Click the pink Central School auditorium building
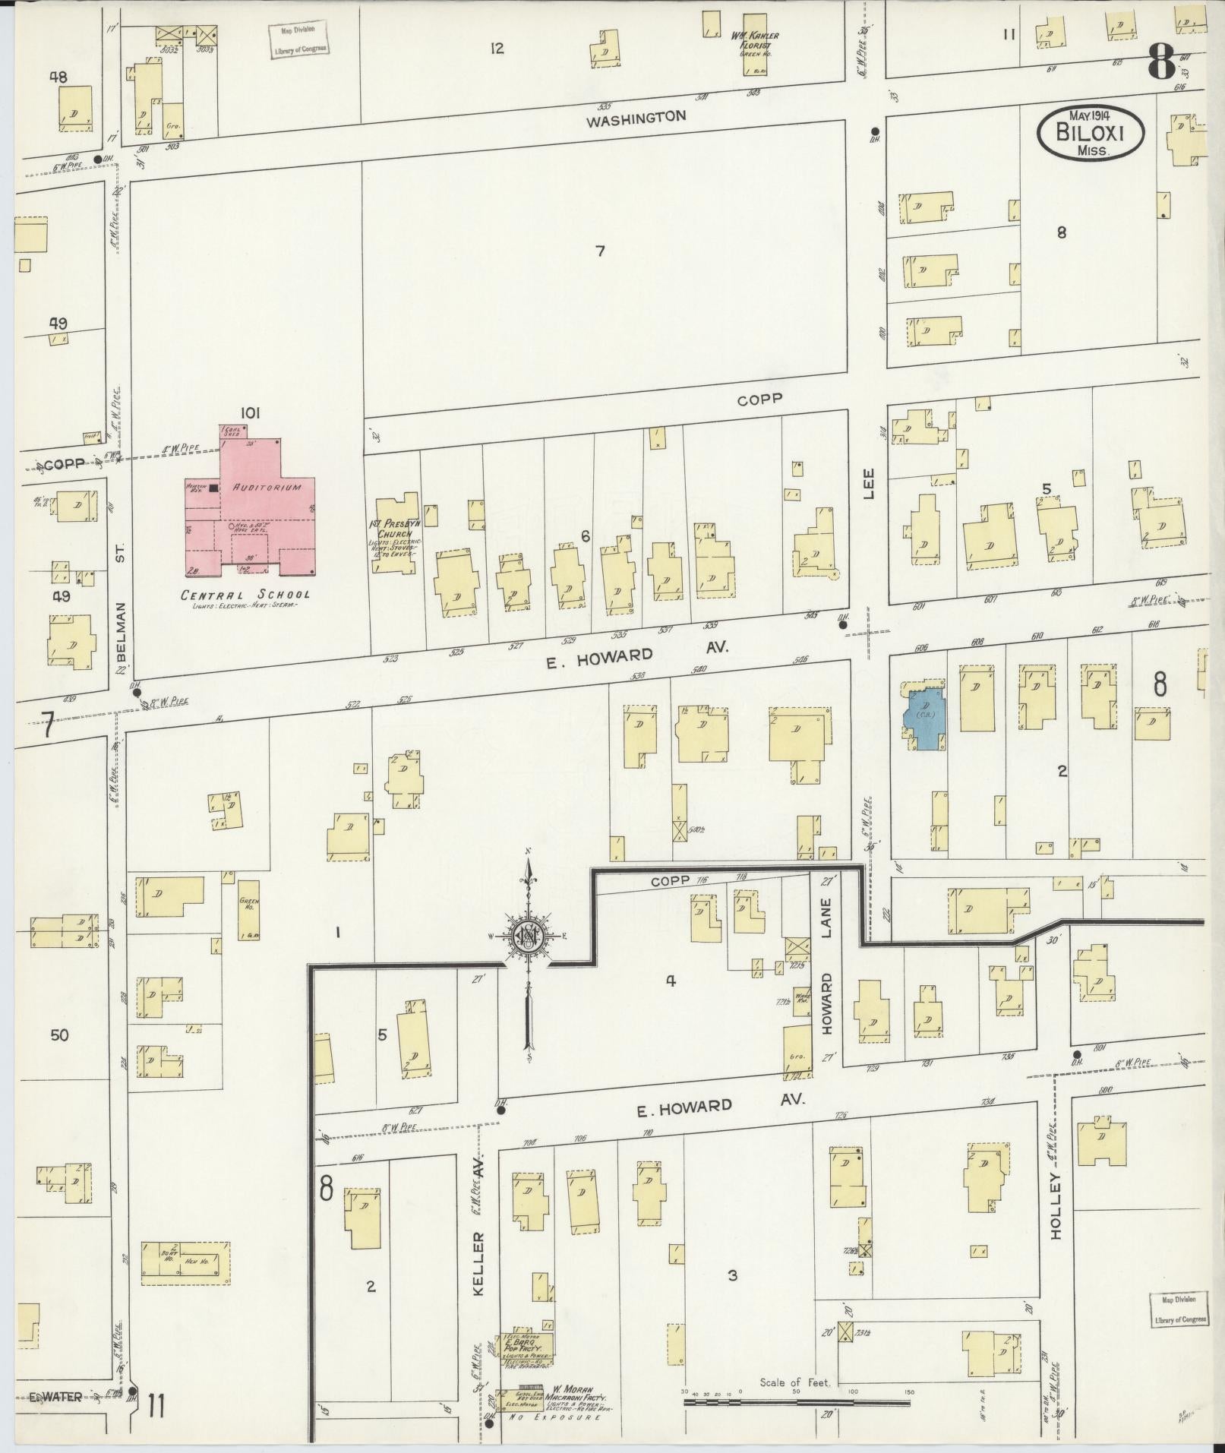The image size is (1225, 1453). (x=251, y=516)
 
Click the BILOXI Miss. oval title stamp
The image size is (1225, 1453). (x=1090, y=132)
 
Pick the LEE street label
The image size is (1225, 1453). (x=870, y=484)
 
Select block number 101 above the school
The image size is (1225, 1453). (x=250, y=413)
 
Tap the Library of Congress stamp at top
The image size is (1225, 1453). (x=302, y=39)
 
